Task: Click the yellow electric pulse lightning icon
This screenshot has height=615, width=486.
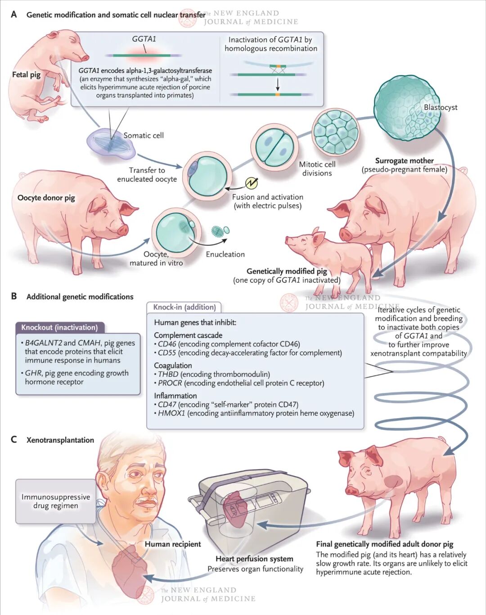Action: tap(252, 183)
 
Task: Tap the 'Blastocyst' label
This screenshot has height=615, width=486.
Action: tap(440, 107)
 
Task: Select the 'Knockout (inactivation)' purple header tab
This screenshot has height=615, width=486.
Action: tap(59, 327)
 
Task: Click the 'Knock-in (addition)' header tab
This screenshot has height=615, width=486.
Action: tap(184, 307)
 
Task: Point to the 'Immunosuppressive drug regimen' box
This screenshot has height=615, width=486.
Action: tap(56, 501)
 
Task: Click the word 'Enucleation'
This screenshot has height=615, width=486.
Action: tap(225, 254)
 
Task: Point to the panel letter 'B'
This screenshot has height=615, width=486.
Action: tap(14, 296)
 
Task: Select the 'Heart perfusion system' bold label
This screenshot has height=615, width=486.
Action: tap(254, 559)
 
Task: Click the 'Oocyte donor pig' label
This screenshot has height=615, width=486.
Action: tap(46, 198)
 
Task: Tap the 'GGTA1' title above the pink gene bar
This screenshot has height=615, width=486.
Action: tap(144, 39)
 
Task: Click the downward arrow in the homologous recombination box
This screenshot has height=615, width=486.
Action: tap(278, 84)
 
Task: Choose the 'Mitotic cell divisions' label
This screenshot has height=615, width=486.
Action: tap(317, 169)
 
